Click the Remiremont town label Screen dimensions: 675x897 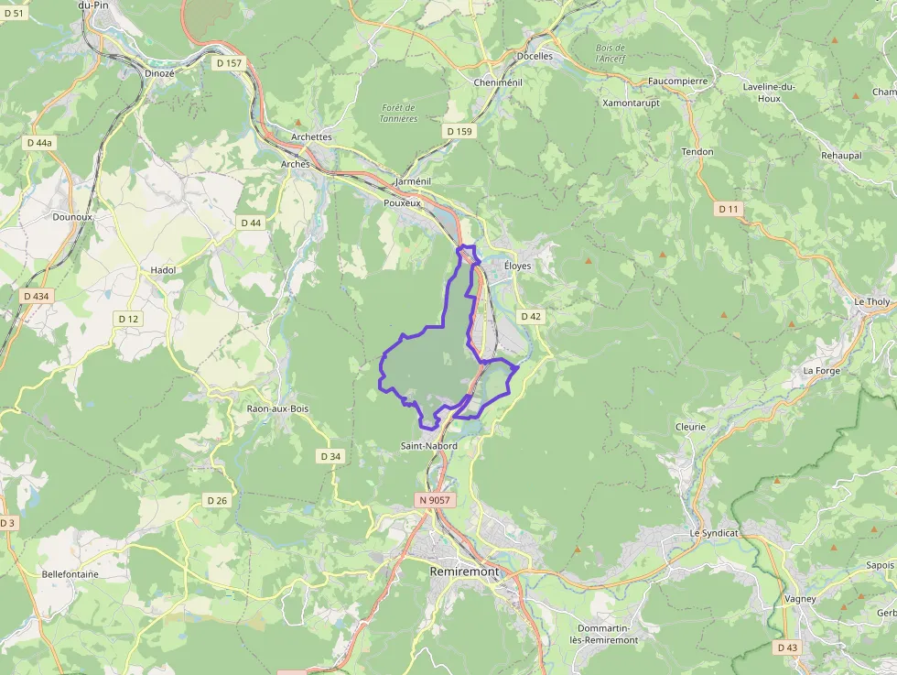[465, 572]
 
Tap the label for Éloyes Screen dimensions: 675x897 [518, 266]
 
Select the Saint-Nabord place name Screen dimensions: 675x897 [428, 446]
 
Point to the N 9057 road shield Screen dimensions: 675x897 [433, 500]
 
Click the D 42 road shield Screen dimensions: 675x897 [531, 316]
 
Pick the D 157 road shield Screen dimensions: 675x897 [230, 63]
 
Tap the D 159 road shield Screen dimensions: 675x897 [459, 132]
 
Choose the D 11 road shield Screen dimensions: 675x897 [729, 209]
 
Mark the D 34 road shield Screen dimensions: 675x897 [331, 456]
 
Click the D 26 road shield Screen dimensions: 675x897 [217, 500]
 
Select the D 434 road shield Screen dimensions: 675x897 [36, 296]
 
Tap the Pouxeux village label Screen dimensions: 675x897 [402, 202]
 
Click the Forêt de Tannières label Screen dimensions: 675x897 [399, 113]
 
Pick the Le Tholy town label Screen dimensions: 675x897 [871, 301]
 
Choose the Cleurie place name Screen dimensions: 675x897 [690, 427]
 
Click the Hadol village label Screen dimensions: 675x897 [163, 270]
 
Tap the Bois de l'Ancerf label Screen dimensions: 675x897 [610, 53]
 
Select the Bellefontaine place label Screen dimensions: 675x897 [70, 574]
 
